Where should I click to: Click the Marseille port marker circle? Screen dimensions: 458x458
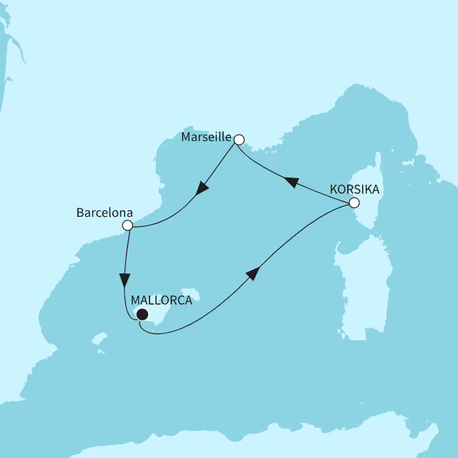click(240, 140)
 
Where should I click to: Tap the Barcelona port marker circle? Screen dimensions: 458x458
click(127, 225)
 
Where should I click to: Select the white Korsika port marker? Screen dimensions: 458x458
click(353, 203)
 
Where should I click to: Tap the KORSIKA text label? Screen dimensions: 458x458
click(355, 190)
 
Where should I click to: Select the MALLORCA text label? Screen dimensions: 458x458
click(162, 301)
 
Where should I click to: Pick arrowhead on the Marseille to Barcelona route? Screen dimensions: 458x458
click(203, 190)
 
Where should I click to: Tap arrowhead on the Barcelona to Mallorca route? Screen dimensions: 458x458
click(125, 279)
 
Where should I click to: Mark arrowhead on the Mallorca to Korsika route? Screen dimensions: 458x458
click(252, 276)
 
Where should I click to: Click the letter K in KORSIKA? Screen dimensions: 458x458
click(333, 190)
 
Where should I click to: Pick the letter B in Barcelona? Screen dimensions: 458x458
click(79, 213)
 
